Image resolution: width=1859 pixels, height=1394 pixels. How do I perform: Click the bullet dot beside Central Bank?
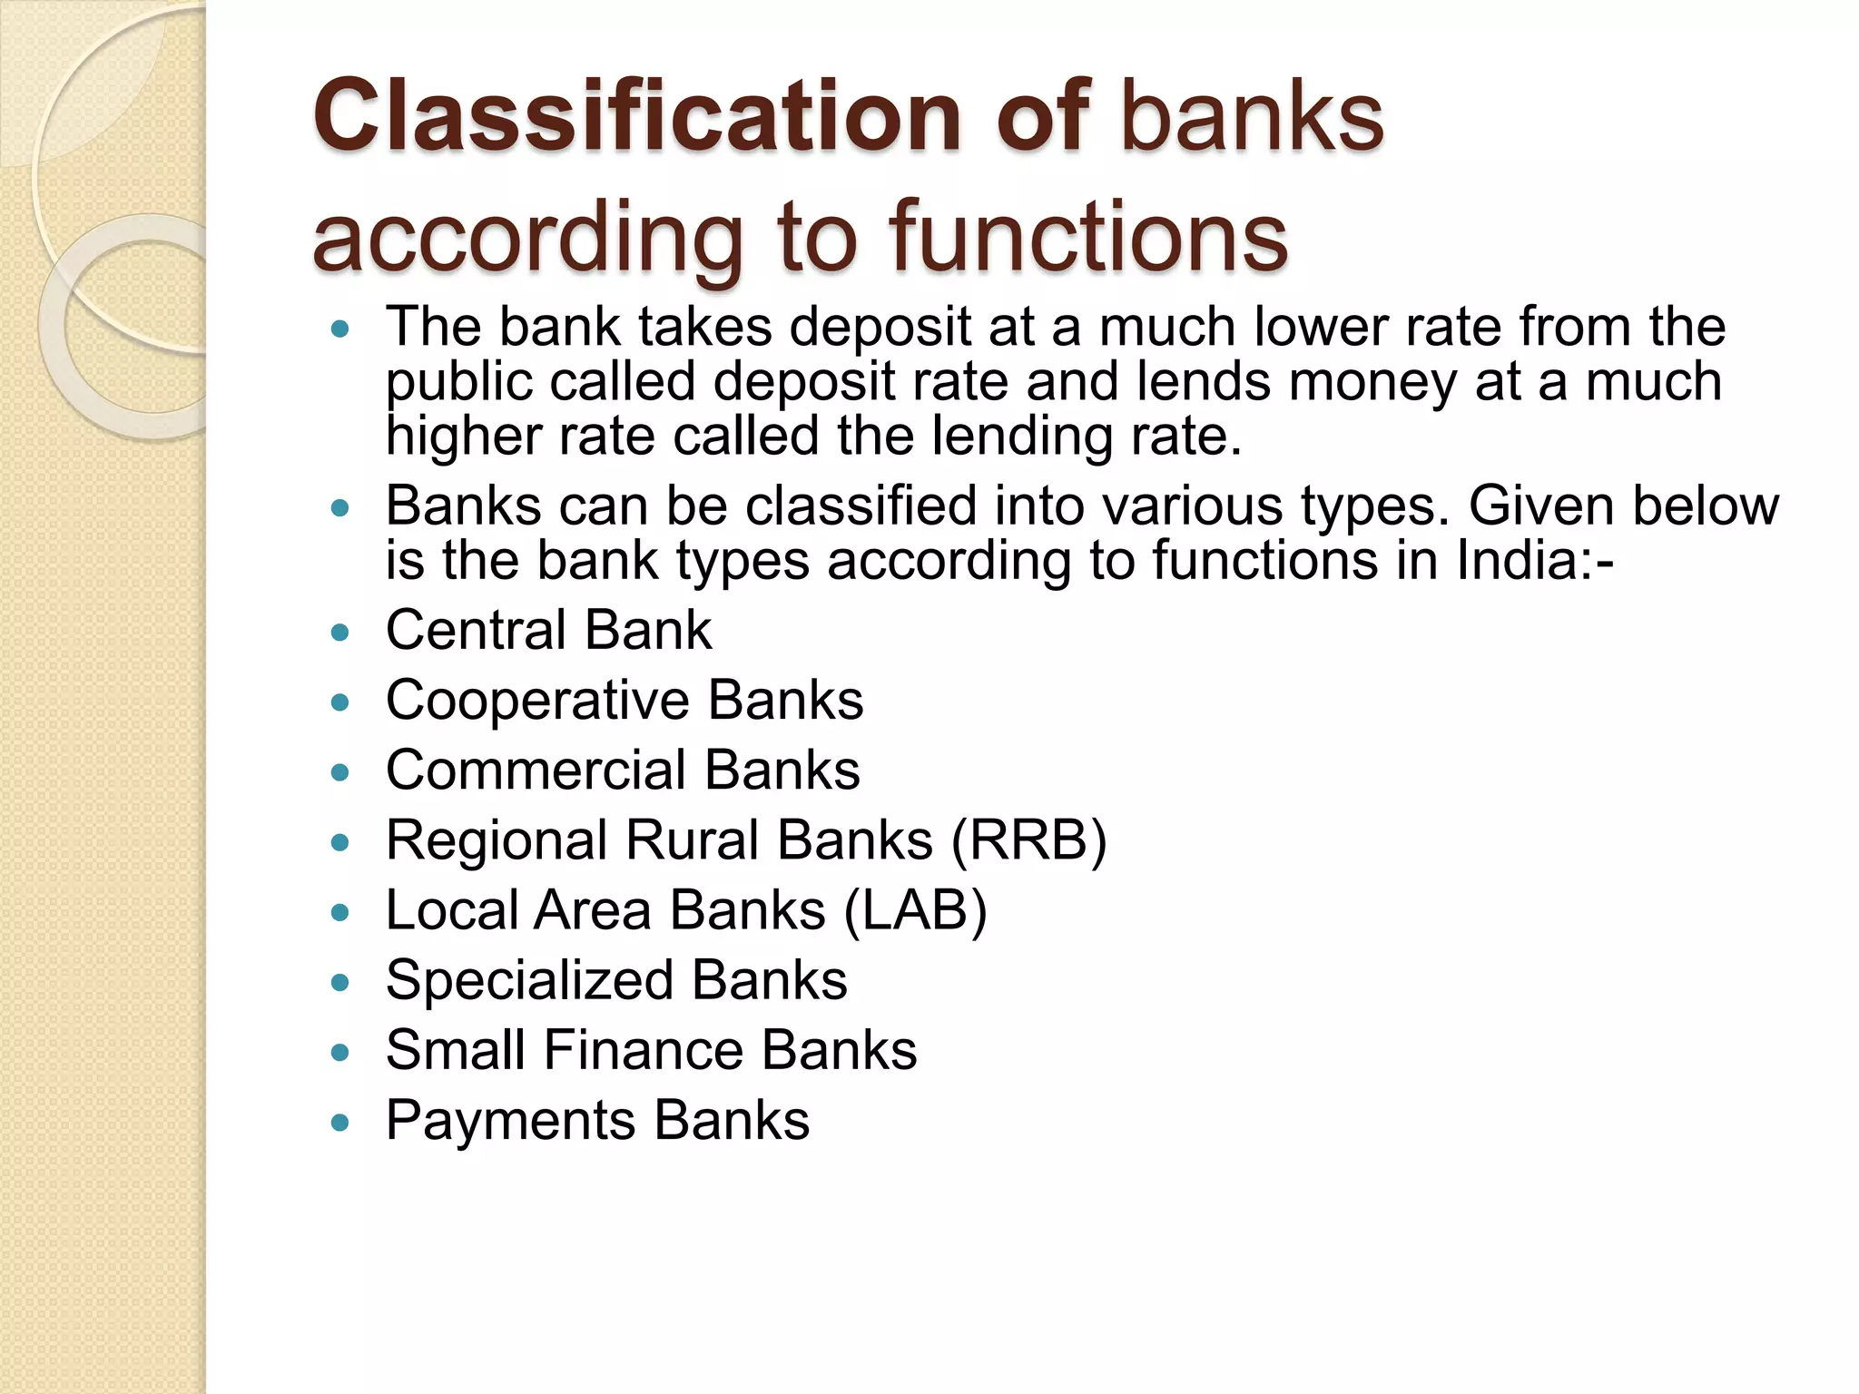(340, 633)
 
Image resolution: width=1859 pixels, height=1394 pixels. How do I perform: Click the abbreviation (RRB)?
(1028, 840)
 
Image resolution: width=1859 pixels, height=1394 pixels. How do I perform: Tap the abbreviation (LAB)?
(915, 910)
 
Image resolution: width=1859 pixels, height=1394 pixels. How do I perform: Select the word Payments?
(510, 1120)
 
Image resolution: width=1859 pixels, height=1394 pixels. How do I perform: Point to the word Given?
(1541, 506)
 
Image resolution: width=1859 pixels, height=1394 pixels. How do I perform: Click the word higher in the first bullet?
(463, 437)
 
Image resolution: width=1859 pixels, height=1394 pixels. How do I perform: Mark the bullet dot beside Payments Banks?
(340, 1124)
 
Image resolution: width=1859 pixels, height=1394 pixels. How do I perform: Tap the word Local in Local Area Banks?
(451, 910)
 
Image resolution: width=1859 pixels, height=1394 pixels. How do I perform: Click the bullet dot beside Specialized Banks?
(340, 983)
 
